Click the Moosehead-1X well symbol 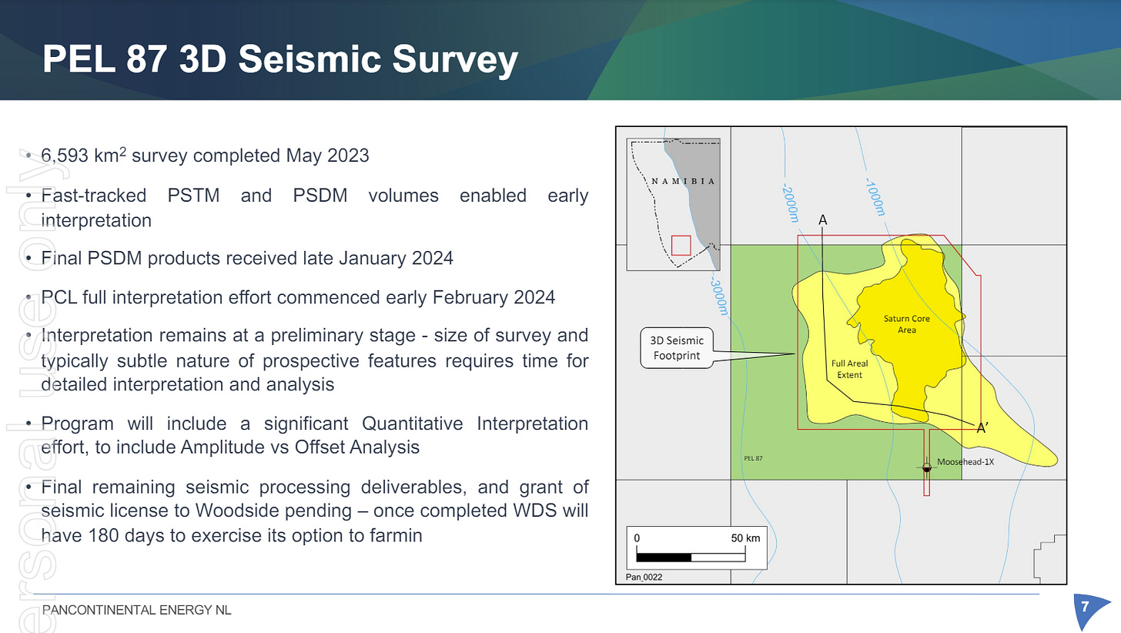click(926, 468)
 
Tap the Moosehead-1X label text click(965, 462)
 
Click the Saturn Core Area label click(907, 324)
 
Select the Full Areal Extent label click(850, 370)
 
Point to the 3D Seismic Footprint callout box click(677, 348)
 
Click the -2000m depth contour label click(790, 203)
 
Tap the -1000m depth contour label click(875, 197)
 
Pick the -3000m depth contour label click(718, 297)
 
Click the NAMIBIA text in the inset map click(683, 181)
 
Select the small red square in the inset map click(681, 246)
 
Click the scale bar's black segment click(664, 558)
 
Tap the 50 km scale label click(745, 538)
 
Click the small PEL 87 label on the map click(753, 458)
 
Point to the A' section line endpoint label click(982, 428)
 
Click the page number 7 click(1085, 607)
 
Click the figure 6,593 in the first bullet click(65, 156)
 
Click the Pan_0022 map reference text click(644, 577)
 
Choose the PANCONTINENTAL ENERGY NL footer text click(136, 610)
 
